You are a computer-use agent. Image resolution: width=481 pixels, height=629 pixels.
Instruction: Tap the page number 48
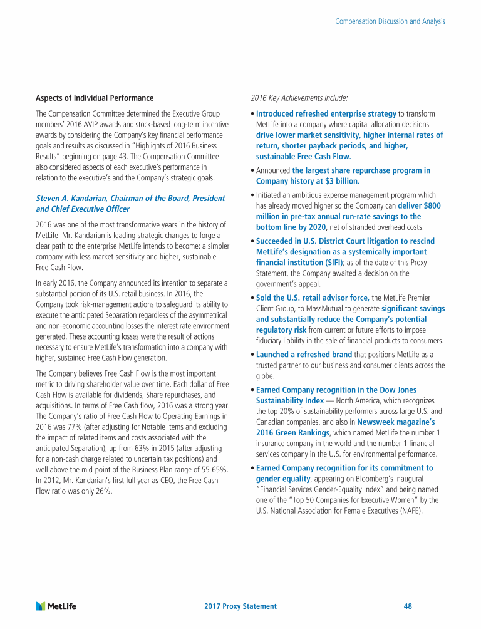point(408,606)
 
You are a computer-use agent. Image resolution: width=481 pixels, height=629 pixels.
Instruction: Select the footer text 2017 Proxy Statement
point(240,606)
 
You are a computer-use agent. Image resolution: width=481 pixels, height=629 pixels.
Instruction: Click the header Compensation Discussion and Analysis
point(390,21)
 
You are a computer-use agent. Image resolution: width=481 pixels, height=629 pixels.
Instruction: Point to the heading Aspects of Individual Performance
point(95,98)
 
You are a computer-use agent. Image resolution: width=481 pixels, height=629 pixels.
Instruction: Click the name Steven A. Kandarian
point(74,198)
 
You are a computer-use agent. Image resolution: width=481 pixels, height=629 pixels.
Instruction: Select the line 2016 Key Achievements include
point(299,98)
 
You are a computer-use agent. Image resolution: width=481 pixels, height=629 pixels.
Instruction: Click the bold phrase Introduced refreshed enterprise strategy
point(326,113)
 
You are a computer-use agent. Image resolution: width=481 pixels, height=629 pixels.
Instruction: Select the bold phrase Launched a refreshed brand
point(304,354)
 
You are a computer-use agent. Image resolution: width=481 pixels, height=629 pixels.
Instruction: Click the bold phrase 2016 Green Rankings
point(292,432)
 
